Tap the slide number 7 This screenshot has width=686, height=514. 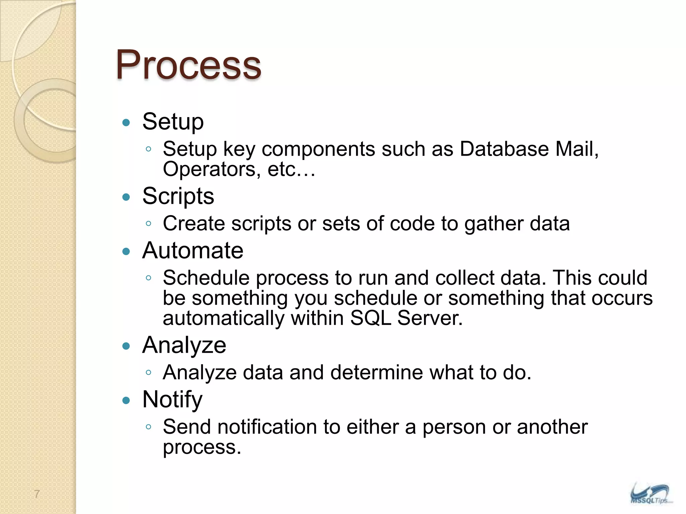37,494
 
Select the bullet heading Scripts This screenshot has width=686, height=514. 178,196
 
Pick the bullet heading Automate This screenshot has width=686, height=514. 193,251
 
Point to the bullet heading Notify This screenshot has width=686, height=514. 172,400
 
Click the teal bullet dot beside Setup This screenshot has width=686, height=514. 126,122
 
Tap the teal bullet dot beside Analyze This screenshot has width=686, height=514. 126,346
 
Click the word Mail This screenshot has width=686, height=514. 577,149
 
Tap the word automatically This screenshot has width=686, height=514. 223,319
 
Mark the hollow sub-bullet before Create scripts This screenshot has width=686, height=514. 149,224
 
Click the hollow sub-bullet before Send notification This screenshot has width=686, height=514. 149,427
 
